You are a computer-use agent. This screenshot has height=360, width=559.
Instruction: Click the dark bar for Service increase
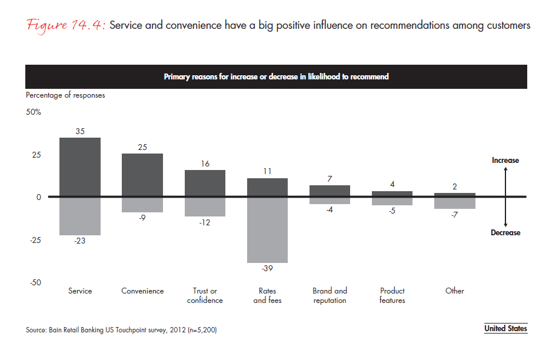pyautogui.click(x=80, y=167)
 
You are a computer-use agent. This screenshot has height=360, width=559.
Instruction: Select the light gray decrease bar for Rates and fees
pyautogui.click(x=267, y=230)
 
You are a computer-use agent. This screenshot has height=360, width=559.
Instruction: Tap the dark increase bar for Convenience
pyautogui.click(x=142, y=175)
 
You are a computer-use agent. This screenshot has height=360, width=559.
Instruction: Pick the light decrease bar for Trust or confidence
pyautogui.click(x=205, y=207)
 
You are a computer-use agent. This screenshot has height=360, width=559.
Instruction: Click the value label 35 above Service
pyautogui.click(x=80, y=132)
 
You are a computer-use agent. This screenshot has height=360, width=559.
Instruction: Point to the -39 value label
pyautogui.click(x=267, y=268)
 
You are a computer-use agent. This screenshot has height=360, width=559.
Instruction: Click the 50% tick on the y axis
pyautogui.click(x=34, y=112)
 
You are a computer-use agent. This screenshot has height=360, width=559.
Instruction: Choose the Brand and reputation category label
pyautogui.click(x=330, y=295)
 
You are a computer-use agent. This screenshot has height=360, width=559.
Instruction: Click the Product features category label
pyautogui.click(x=392, y=295)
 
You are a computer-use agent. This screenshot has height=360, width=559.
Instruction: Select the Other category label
pyautogui.click(x=455, y=291)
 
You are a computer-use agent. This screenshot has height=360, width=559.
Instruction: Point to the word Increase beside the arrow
pyautogui.click(x=505, y=160)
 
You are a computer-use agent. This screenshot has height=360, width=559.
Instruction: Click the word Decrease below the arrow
pyautogui.click(x=505, y=233)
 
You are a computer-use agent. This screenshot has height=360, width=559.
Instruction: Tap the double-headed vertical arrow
pyautogui.click(x=506, y=196)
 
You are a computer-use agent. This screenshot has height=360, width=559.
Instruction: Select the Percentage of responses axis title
pyautogui.click(x=65, y=95)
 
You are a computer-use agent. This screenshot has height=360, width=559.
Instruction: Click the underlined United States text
pyautogui.click(x=505, y=329)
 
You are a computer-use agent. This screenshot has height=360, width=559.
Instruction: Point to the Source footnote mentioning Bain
pyautogui.click(x=121, y=330)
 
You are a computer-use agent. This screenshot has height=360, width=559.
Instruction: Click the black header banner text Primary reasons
pyautogui.click(x=276, y=76)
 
